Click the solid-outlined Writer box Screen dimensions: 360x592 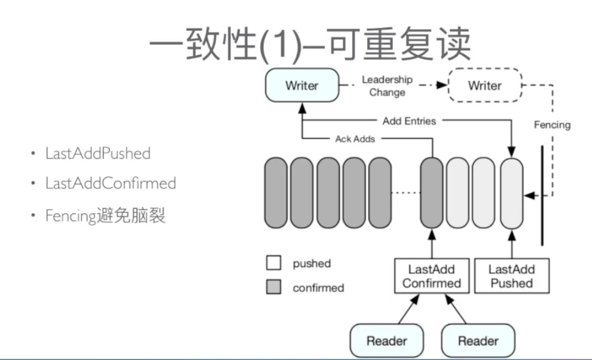coord(301,86)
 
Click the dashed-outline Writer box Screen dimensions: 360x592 coord(484,86)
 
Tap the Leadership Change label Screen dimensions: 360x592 coord(387,86)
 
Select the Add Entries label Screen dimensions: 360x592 coord(409,121)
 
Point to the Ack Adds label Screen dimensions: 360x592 coord(355,139)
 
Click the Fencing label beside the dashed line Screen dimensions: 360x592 coord(552,125)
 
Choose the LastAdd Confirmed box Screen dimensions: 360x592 coord(431,276)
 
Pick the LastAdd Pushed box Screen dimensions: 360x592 coord(511,276)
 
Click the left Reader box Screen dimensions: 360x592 coord(386,341)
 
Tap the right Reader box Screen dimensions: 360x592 coord(478,341)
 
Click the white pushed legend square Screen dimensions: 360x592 coord(274,263)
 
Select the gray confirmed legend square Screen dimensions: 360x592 coord(274,288)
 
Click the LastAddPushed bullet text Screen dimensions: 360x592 coord(97,154)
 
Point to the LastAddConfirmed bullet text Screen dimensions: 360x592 coord(111,183)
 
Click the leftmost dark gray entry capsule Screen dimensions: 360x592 coord(276,193)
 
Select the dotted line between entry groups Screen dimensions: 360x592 coord(405,193)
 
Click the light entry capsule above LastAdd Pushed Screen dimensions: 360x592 coord(511,193)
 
